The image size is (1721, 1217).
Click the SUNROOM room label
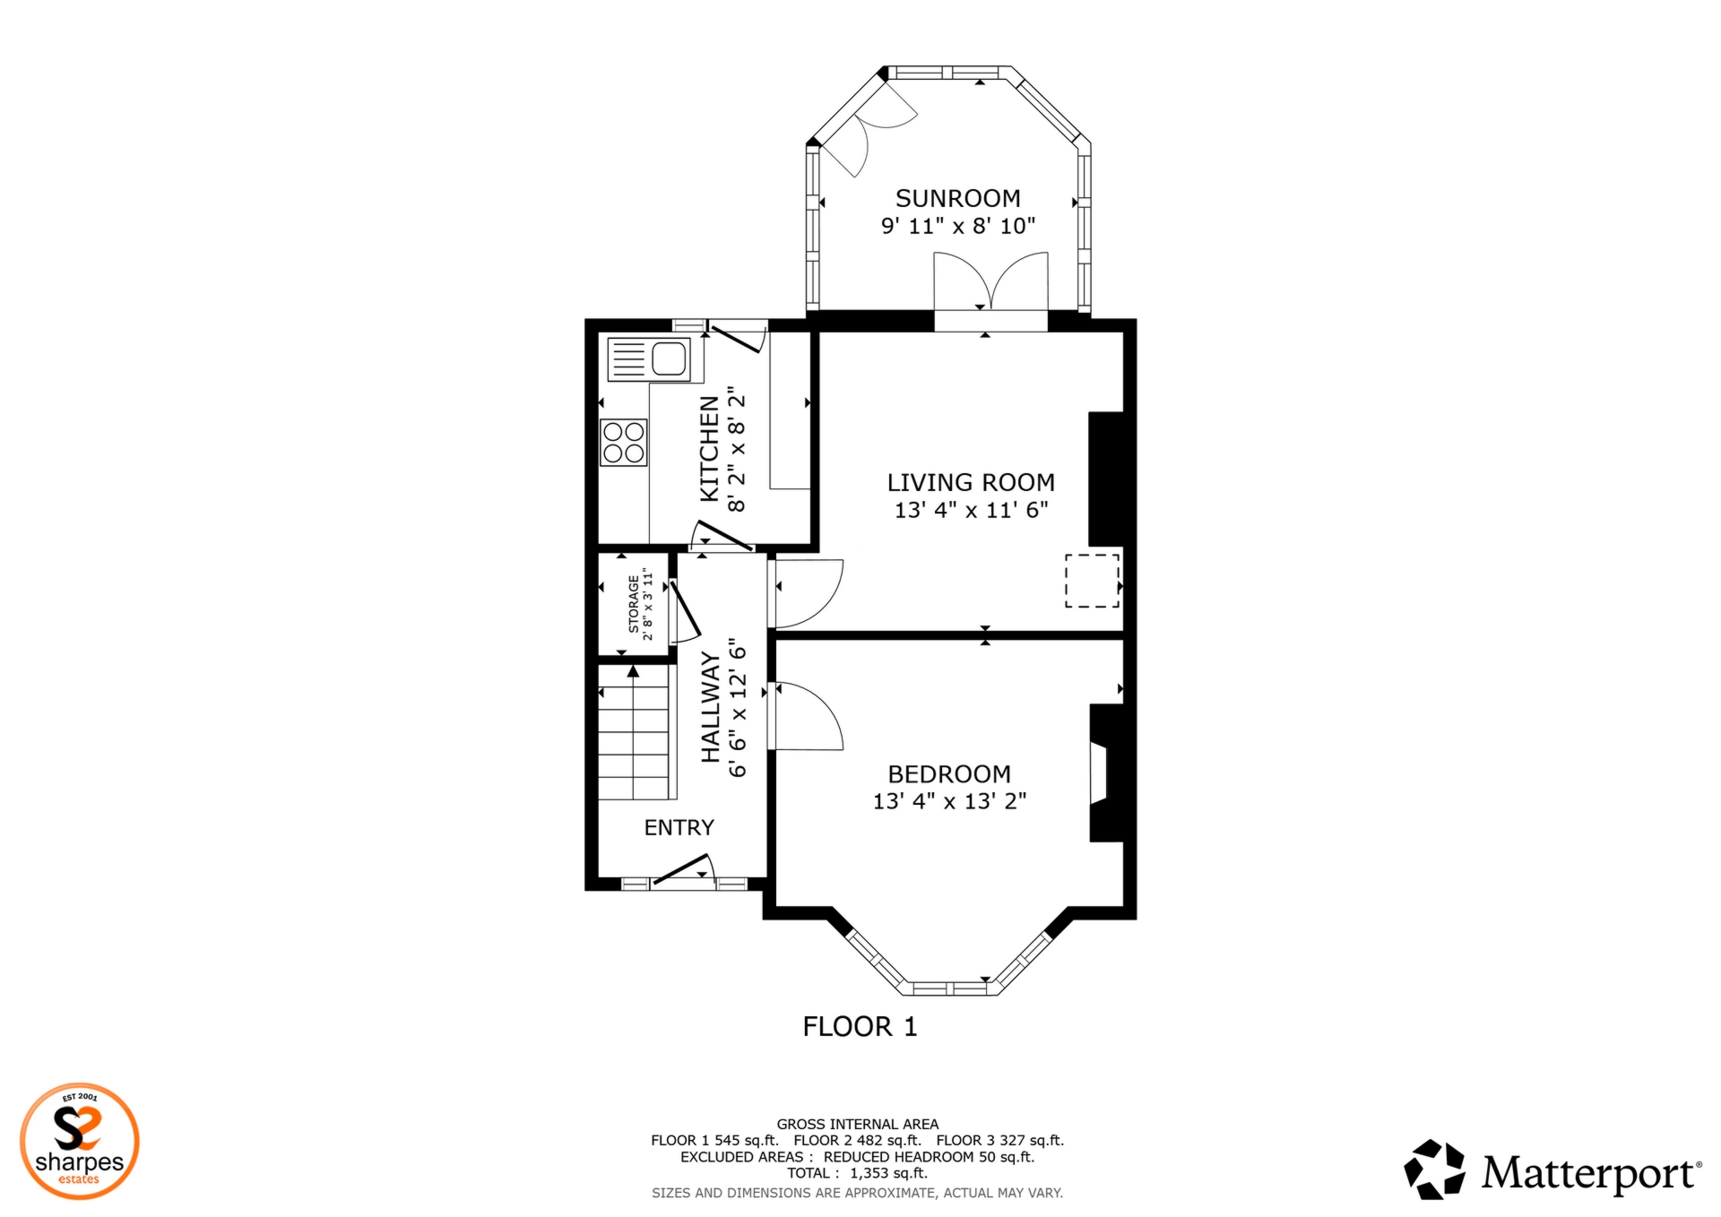coord(957,198)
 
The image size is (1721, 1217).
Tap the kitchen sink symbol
coord(649,359)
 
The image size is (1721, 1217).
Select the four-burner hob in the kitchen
coord(624,442)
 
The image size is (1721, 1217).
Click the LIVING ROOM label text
coord(971,482)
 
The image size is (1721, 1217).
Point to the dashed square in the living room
coord(1092,581)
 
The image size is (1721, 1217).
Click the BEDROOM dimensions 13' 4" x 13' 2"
coord(949,801)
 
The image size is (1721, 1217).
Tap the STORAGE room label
coord(634,604)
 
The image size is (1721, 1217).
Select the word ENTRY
coord(679,827)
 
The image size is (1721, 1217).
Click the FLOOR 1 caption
coord(860,1026)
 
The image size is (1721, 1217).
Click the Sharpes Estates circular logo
coord(80,1141)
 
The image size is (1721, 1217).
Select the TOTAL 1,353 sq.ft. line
coord(857,1173)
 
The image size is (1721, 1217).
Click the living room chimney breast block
coord(1105,479)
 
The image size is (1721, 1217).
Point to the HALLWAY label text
coord(710,707)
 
